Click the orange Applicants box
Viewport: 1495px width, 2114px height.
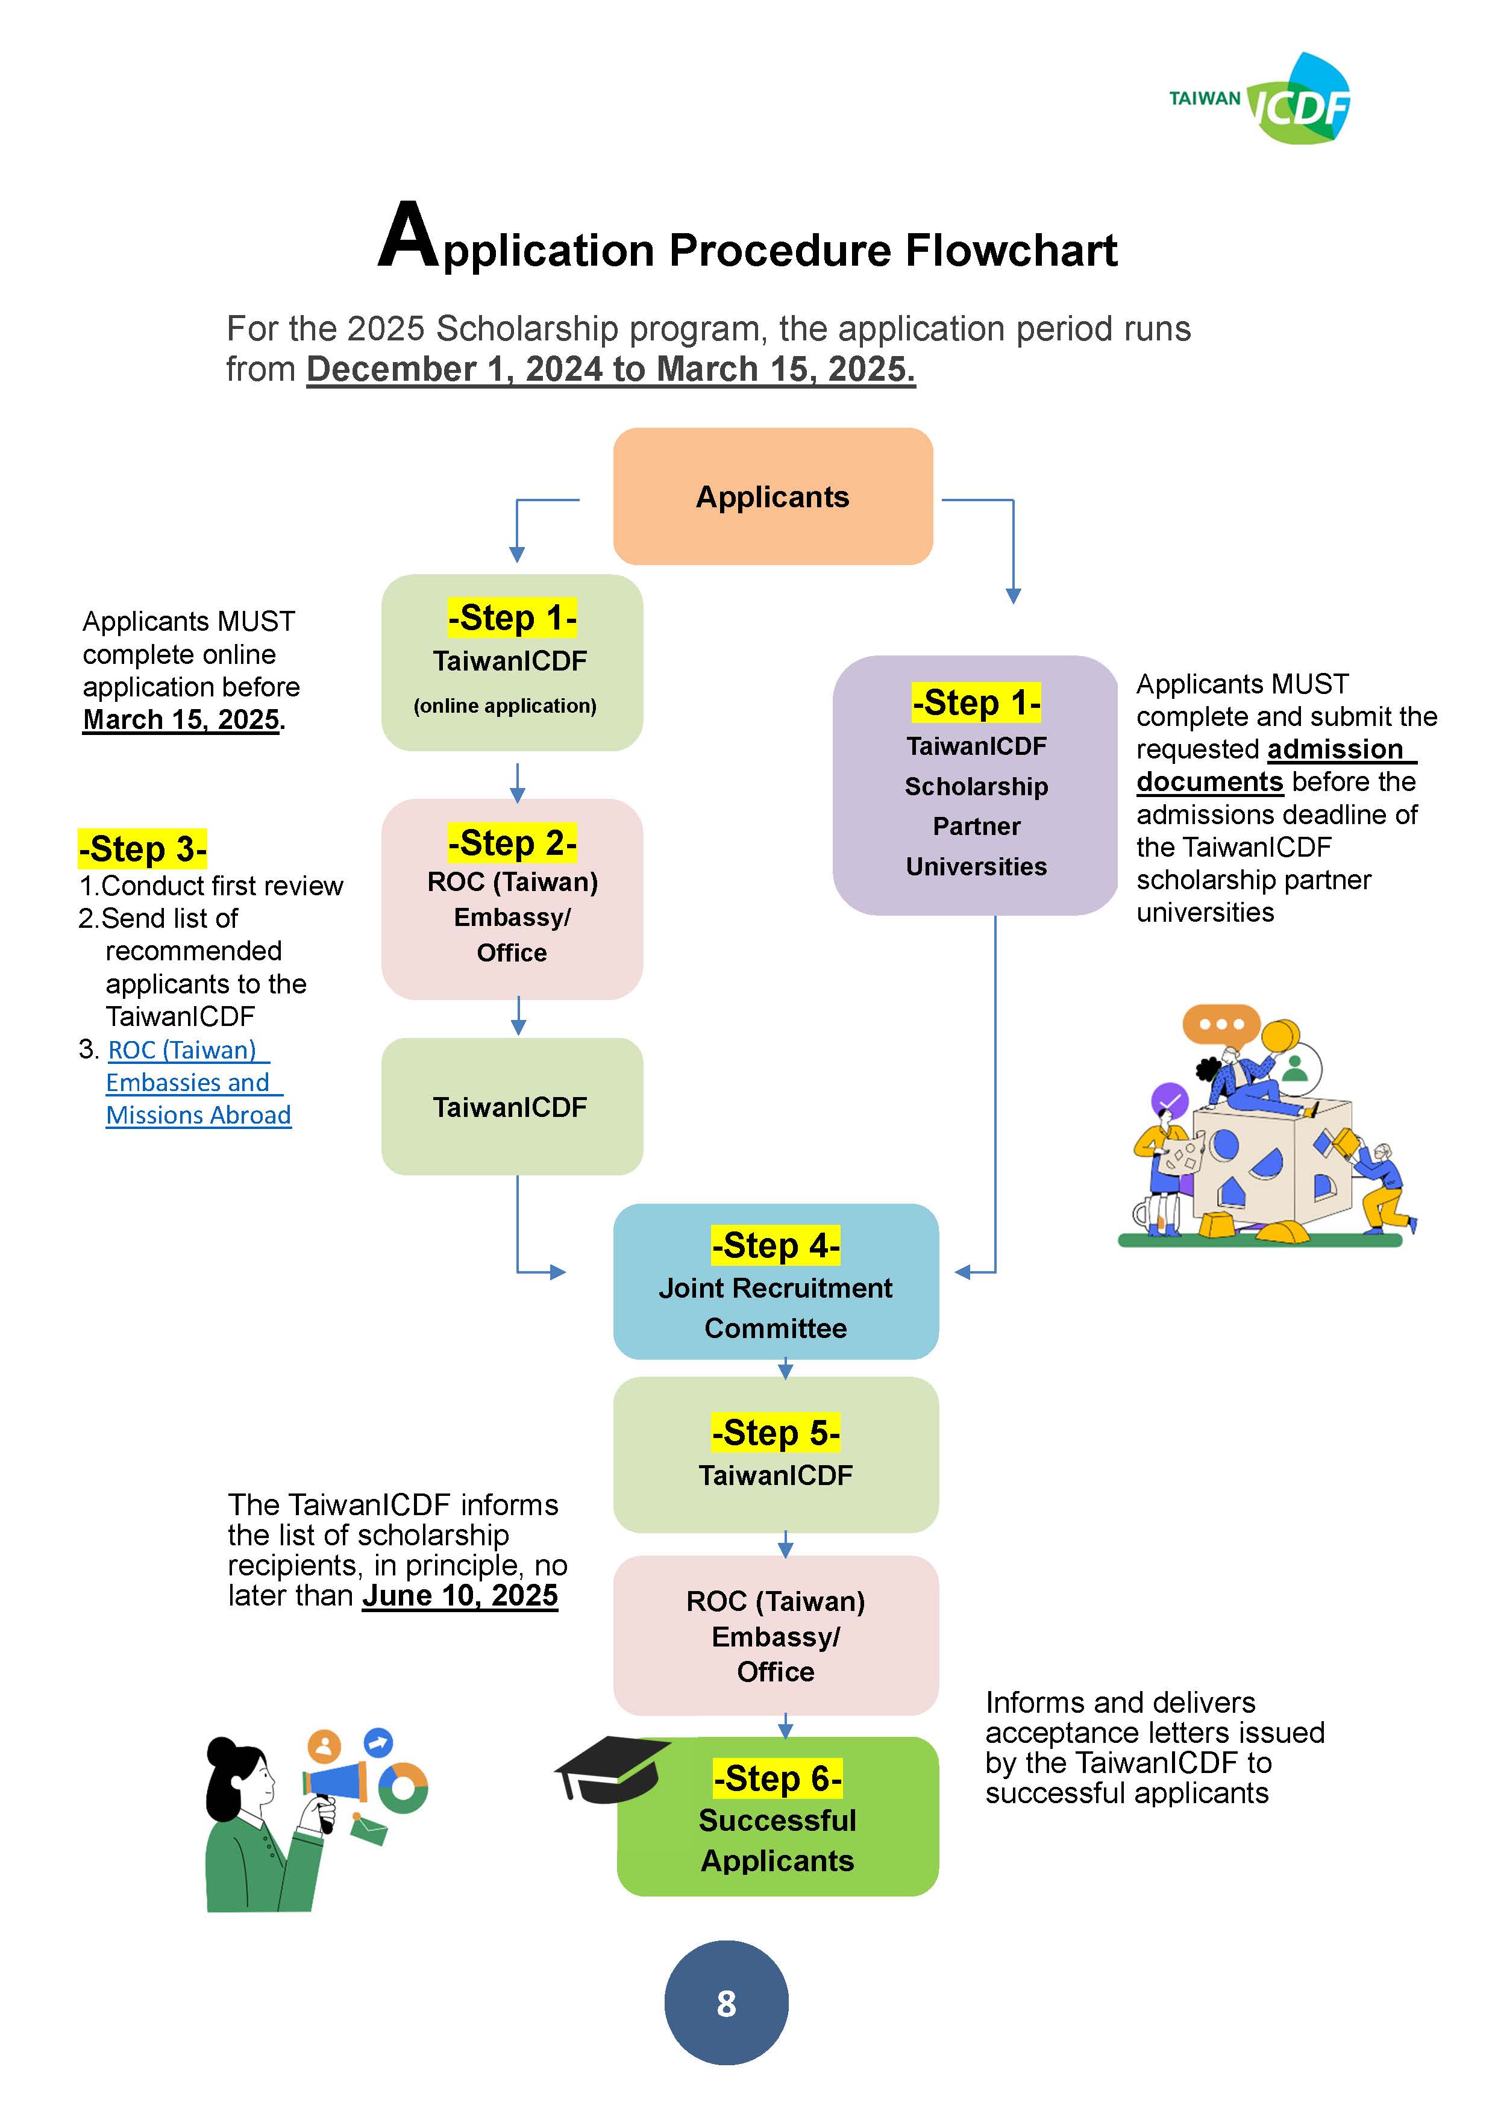pyautogui.click(x=773, y=496)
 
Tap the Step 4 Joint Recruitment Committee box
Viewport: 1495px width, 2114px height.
pyautogui.click(x=776, y=1281)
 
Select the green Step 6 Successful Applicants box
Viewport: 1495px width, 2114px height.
pyautogui.click(x=777, y=1816)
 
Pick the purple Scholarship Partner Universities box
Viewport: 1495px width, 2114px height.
pyautogui.click(x=976, y=786)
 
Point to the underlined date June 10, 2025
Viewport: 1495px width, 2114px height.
pyautogui.click(x=460, y=1595)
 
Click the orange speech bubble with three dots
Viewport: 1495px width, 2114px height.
pyautogui.click(x=1220, y=1025)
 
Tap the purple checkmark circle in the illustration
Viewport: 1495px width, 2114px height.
pyautogui.click(x=1170, y=1099)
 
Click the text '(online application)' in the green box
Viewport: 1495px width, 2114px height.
pyautogui.click(x=505, y=705)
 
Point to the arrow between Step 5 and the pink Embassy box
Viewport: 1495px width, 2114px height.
pyautogui.click(x=785, y=1544)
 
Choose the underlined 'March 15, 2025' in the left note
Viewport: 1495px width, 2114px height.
pyautogui.click(x=181, y=719)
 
